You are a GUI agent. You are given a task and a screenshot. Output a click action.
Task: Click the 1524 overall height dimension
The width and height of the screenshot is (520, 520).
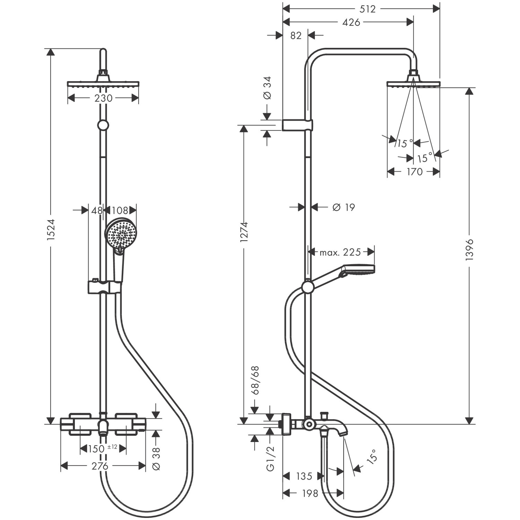(51, 229)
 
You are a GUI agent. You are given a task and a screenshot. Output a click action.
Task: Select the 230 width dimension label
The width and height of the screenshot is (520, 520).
(103, 98)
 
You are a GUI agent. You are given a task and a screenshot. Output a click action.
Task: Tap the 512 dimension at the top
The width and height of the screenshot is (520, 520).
(367, 9)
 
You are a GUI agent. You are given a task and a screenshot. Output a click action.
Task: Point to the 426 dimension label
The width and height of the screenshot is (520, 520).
(351, 22)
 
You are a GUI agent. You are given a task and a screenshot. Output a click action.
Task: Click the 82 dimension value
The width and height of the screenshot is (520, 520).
(296, 35)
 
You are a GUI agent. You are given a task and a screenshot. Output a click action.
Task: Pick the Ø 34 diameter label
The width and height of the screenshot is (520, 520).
(267, 88)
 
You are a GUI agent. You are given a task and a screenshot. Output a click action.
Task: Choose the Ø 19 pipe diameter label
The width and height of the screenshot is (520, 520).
(344, 207)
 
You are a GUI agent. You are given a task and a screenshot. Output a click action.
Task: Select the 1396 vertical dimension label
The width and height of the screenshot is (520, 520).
(469, 250)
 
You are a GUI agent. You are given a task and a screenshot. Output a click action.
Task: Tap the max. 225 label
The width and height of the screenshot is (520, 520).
(340, 252)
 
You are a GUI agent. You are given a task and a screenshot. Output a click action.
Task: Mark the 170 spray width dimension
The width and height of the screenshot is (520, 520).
(414, 172)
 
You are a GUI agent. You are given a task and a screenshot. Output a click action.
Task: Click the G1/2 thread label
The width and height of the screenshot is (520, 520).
(270, 458)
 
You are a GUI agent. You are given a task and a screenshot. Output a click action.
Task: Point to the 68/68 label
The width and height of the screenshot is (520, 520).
(255, 380)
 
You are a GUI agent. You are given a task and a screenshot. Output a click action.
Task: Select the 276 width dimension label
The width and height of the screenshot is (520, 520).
(100, 466)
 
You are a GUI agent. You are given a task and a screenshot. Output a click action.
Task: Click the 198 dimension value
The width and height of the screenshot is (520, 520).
(310, 493)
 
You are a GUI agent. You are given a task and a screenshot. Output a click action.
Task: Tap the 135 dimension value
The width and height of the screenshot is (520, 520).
(304, 476)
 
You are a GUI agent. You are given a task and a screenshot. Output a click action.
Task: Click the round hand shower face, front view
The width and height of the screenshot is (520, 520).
(121, 234)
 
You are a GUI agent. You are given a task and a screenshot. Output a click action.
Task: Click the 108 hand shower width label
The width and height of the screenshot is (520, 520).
(120, 210)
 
